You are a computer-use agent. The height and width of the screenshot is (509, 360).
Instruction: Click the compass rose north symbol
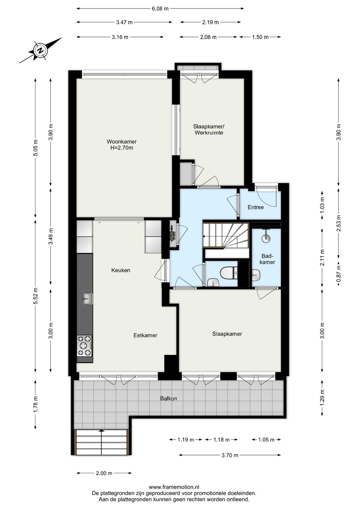[x=41, y=50]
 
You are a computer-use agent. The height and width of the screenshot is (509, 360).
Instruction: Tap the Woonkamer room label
[x=122, y=141]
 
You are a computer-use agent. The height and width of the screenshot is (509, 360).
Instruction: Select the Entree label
[x=256, y=207]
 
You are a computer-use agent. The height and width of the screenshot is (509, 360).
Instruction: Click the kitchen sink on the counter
[x=88, y=298]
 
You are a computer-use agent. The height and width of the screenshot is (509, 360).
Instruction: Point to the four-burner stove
[x=85, y=346]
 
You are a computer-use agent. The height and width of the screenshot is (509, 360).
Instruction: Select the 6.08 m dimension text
[x=160, y=9]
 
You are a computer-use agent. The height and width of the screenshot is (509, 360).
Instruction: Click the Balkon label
[x=168, y=398]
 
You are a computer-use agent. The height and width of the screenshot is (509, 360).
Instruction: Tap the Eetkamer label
[x=145, y=336]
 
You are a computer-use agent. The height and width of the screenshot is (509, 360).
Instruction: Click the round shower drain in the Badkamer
[x=265, y=238]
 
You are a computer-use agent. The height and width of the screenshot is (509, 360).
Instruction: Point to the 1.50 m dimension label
[x=260, y=37]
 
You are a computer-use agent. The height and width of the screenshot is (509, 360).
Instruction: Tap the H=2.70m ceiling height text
[x=122, y=148]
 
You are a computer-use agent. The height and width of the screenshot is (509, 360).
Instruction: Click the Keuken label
[x=121, y=271]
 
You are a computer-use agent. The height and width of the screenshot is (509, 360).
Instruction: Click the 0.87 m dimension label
[x=339, y=274]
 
